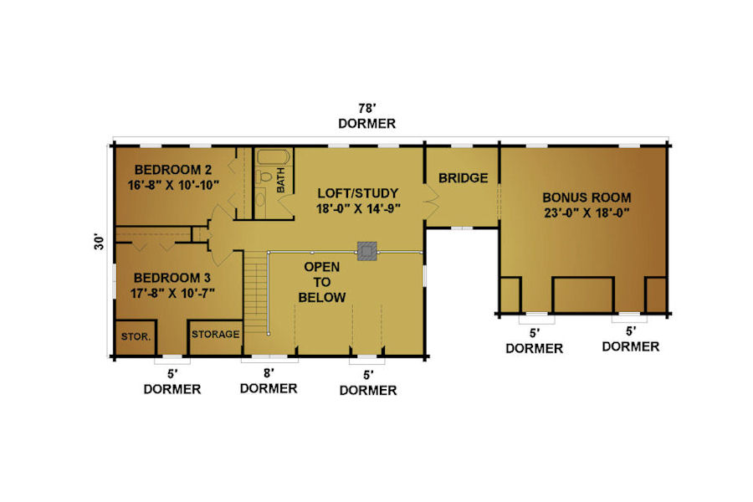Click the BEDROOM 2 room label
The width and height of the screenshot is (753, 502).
[x=173, y=170]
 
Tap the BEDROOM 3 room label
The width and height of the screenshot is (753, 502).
[x=172, y=278]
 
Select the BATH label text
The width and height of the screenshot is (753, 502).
[x=280, y=180]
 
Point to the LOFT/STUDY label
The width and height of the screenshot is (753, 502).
[x=358, y=193]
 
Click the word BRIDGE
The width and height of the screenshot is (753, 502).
[x=463, y=178]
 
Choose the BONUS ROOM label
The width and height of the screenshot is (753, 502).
[x=587, y=197]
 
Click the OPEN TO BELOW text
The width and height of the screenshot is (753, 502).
[x=322, y=282]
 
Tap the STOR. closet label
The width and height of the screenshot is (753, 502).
[x=136, y=336]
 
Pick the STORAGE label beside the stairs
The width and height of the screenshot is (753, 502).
[x=215, y=334]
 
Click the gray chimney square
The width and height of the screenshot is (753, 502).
[x=367, y=251]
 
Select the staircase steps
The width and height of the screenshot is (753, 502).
[x=255, y=292]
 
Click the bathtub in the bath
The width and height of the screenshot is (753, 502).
[x=274, y=157]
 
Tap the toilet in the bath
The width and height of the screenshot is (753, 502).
[x=264, y=177]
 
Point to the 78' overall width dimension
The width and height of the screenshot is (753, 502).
[x=367, y=109]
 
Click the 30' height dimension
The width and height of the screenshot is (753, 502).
[x=99, y=242]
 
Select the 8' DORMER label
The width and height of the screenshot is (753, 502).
[x=269, y=381]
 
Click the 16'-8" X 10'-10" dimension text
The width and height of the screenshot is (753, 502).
[x=173, y=185]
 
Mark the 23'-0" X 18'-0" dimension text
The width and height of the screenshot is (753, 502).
[x=587, y=213]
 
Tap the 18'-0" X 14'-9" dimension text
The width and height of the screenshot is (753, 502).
[x=358, y=208]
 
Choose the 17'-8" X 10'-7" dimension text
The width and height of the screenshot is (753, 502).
[x=172, y=293]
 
